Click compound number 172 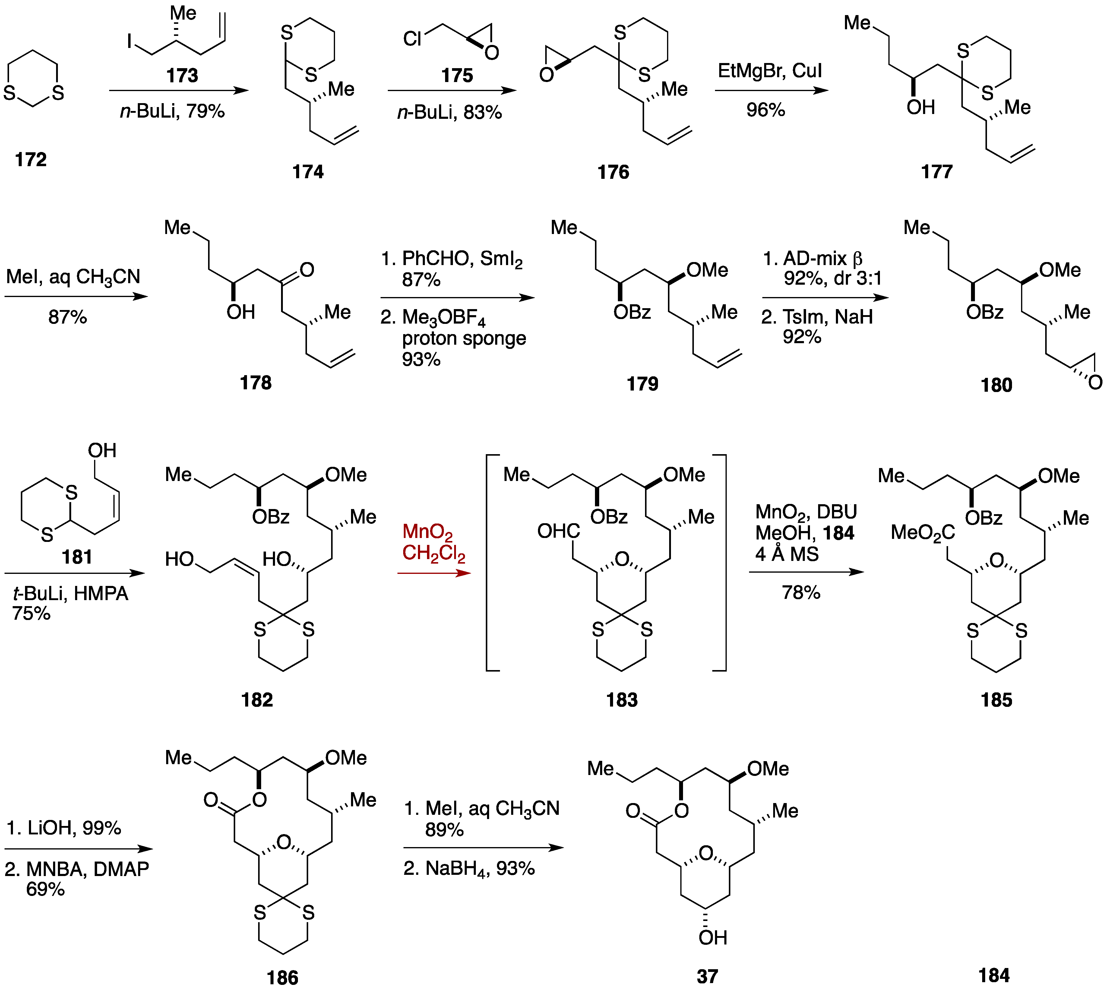click(31, 160)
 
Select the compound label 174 click(308, 172)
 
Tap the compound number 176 click(613, 172)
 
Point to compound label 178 click(255, 383)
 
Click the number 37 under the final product click(707, 976)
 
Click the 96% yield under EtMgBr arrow click(765, 110)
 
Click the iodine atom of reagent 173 click(130, 41)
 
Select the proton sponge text click(464, 338)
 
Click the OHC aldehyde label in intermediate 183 click(558, 531)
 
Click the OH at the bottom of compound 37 click(713, 938)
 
